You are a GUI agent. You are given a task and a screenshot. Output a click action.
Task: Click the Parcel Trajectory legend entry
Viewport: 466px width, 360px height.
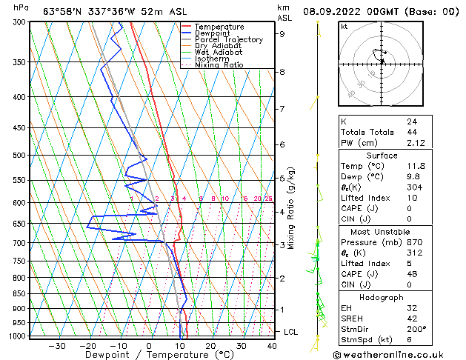click(228, 40)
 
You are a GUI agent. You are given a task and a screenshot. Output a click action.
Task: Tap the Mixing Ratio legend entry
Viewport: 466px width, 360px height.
click(219, 65)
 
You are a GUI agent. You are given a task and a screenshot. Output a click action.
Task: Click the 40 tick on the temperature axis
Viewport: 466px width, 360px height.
click(273, 346)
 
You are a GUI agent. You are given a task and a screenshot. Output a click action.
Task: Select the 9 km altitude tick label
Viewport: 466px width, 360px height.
click(282, 33)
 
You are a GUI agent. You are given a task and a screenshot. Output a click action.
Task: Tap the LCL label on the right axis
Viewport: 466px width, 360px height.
click(290, 332)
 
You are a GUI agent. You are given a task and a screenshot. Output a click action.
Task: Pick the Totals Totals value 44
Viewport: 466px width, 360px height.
click(411, 132)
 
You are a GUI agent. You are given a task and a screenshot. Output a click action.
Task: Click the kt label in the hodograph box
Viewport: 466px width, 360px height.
click(344, 26)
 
